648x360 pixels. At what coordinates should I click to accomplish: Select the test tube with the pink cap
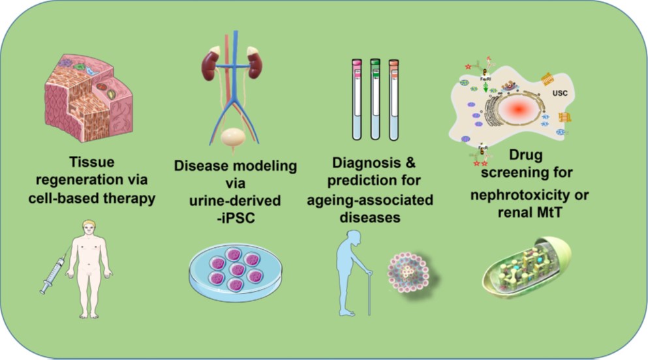click(357, 98)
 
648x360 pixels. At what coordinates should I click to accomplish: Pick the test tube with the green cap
click(375, 98)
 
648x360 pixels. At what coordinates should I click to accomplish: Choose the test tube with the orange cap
click(393, 98)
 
